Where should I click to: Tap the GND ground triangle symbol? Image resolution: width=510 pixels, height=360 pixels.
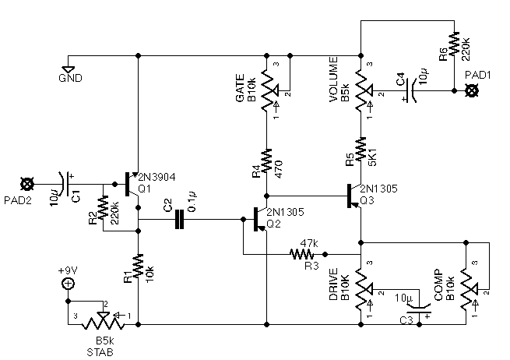pyautogui.click(x=69, y=69)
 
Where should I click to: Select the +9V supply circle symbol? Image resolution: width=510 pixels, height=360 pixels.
pyautogui.click(x=68, y=284)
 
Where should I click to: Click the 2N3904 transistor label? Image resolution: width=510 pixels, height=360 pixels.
pyautogui.click(x=157, y=178)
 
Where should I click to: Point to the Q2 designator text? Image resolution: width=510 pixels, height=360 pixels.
pyautogui.click(x=273, y=224)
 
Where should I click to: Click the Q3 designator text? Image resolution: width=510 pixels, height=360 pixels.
pyautogui.click(x=367, y=200)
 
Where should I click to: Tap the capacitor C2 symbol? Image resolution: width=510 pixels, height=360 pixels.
pyautogui.click(x=179, y=220)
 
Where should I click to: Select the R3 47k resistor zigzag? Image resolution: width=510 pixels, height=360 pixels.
pyautogui.click(x=302, y=254)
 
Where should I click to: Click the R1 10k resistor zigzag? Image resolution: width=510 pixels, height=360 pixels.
pyautogui.click(x=138, y=266)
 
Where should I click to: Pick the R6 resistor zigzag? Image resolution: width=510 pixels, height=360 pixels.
pyautogui.click(x=454, y=44)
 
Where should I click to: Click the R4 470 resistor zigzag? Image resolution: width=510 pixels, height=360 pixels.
pyautogui.click(x=266, y=161)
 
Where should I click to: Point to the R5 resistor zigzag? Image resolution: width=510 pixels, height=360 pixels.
pyautogui.click(x=361, y=149)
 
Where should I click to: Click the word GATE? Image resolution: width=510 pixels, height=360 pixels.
pyautogui.click(x=240, y=88)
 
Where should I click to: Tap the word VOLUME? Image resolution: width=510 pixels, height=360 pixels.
pyautogui.click(x=334, y=79)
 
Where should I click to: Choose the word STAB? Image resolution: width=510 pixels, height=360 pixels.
pyautogui.click(x=100, y=352)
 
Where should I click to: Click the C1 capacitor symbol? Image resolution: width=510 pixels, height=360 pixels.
pyautogui.click(x=66, y=184)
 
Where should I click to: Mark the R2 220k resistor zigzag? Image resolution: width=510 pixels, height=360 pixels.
pyautogui.click(x=103, y=207)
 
